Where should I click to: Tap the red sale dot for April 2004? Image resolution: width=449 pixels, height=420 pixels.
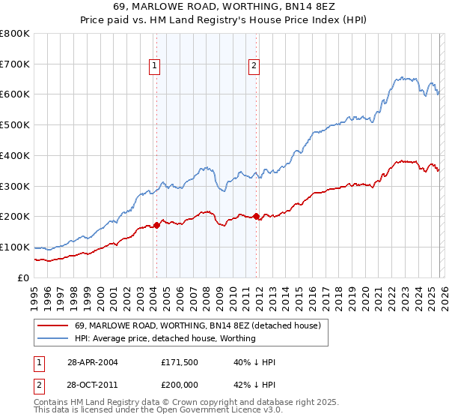coord(156,225)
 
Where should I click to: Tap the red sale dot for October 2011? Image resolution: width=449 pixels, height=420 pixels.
coord(256,217)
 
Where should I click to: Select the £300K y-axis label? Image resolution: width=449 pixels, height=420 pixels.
coord(15,186)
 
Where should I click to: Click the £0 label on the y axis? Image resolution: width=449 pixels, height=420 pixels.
coord(24,277)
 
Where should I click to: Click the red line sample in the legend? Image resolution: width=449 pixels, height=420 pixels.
coord(53,325)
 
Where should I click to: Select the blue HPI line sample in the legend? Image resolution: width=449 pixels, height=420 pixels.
coord(53,338)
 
